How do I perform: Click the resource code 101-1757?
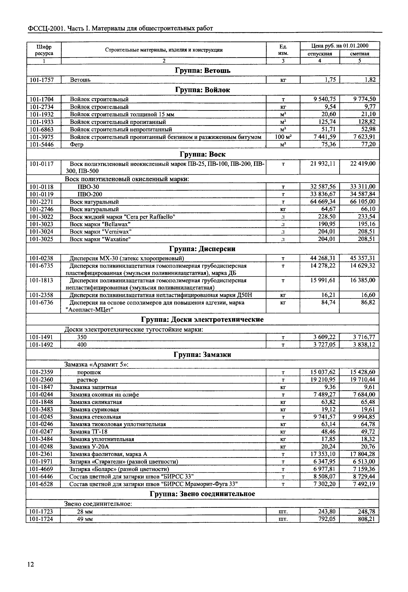(x=42, y=80)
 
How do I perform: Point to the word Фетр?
(x=77, y=144)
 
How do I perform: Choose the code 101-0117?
(x=42, y=164)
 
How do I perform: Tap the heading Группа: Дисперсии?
(x=202, y=249)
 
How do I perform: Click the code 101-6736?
(x=41, y=303)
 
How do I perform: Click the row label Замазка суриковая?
(x=94, y=410)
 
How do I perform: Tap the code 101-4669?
(x=41, y=469)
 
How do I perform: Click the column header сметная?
(x=359, y=54)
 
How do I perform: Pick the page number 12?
(x=30, y=564)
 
